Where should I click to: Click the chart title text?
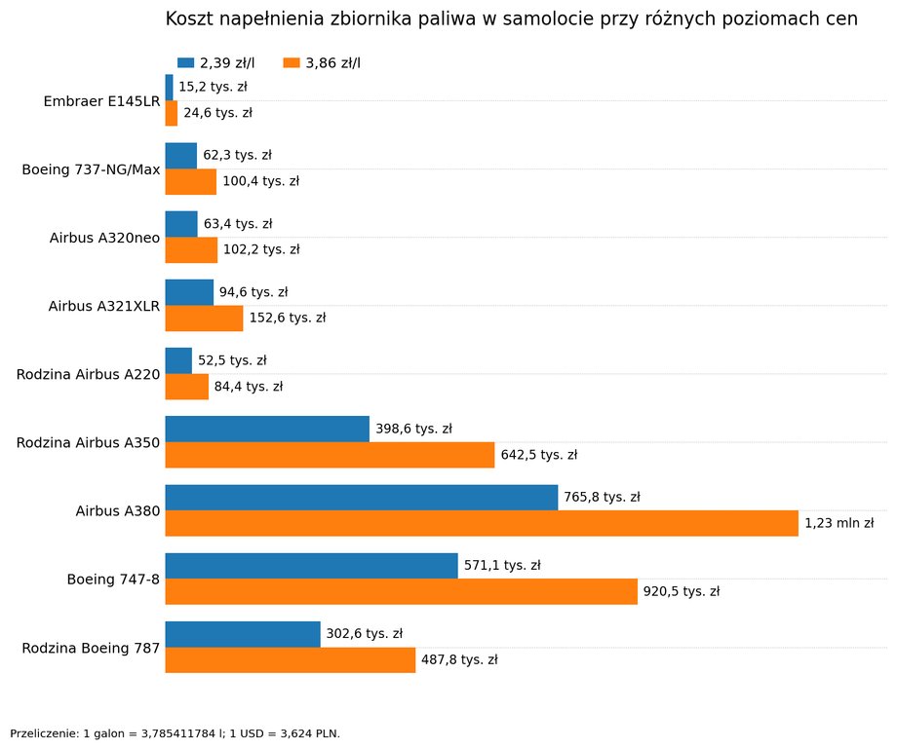512,19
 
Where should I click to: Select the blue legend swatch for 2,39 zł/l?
186,63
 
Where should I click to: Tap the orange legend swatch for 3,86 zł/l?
292,63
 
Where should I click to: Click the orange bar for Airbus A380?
482,523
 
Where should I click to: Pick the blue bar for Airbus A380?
362,498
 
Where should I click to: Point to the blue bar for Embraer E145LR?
170,88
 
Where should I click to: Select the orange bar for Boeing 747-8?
402,591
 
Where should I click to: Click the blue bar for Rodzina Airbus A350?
267,430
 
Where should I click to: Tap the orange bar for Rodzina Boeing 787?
291,659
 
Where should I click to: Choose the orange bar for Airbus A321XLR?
204,318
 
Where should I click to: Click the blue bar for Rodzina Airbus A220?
178,361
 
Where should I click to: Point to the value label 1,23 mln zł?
839,523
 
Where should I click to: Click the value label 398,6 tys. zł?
413,430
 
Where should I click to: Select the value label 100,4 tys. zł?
261,182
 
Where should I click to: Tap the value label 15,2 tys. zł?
213,87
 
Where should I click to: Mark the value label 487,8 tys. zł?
459,659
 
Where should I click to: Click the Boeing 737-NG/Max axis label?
91,169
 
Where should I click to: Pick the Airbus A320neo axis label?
104,239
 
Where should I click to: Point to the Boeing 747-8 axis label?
113,580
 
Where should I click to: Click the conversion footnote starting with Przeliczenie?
175,733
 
